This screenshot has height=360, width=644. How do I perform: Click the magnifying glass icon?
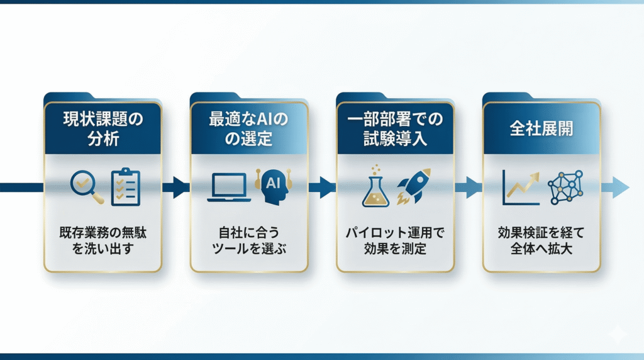pyautogui.click(x=87, y=186)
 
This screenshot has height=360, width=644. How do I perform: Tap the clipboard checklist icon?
pyautogui.click(x=126, y=186)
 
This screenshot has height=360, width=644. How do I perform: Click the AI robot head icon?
pyautogui.click(x=272, y=186)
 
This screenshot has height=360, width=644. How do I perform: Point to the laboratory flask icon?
pyautogui.click(x=376, y=187)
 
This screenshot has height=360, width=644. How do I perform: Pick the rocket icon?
pyautogui.click(x=414, y=186)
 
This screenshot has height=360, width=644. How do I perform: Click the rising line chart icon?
pyautogui.click(x=521, y=187)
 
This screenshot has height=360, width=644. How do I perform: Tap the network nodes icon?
pyautogui.click(x=565, y=187)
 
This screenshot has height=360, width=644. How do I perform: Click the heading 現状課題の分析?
pyautogui.click(x=103, y=128)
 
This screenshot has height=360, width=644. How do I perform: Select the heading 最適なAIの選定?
pyautogui.click(x=249, y=128)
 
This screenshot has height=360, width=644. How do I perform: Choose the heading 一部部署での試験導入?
pyautogui.click(x=396, y=128)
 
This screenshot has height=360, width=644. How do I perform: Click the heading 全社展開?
pyautogui.click(x=541, y=128)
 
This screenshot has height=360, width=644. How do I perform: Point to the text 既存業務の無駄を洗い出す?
pyautogui.click(x=103, y=240)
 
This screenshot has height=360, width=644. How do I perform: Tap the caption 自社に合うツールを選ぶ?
pyautogui.click(x=249, y=240)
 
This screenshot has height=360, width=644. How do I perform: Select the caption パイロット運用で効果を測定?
pyautogui.click(x=396, y=240)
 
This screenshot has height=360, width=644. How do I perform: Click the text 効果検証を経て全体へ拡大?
pyautogui.click(x=541, y=240)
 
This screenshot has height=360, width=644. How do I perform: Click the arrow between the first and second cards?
pyautogui.click(x=177, y=187)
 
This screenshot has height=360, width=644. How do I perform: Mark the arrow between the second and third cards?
pyautogui.click(x=323, y=187)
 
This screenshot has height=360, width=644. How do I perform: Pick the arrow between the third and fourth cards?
pyautogui.click(x=469, y=187)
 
